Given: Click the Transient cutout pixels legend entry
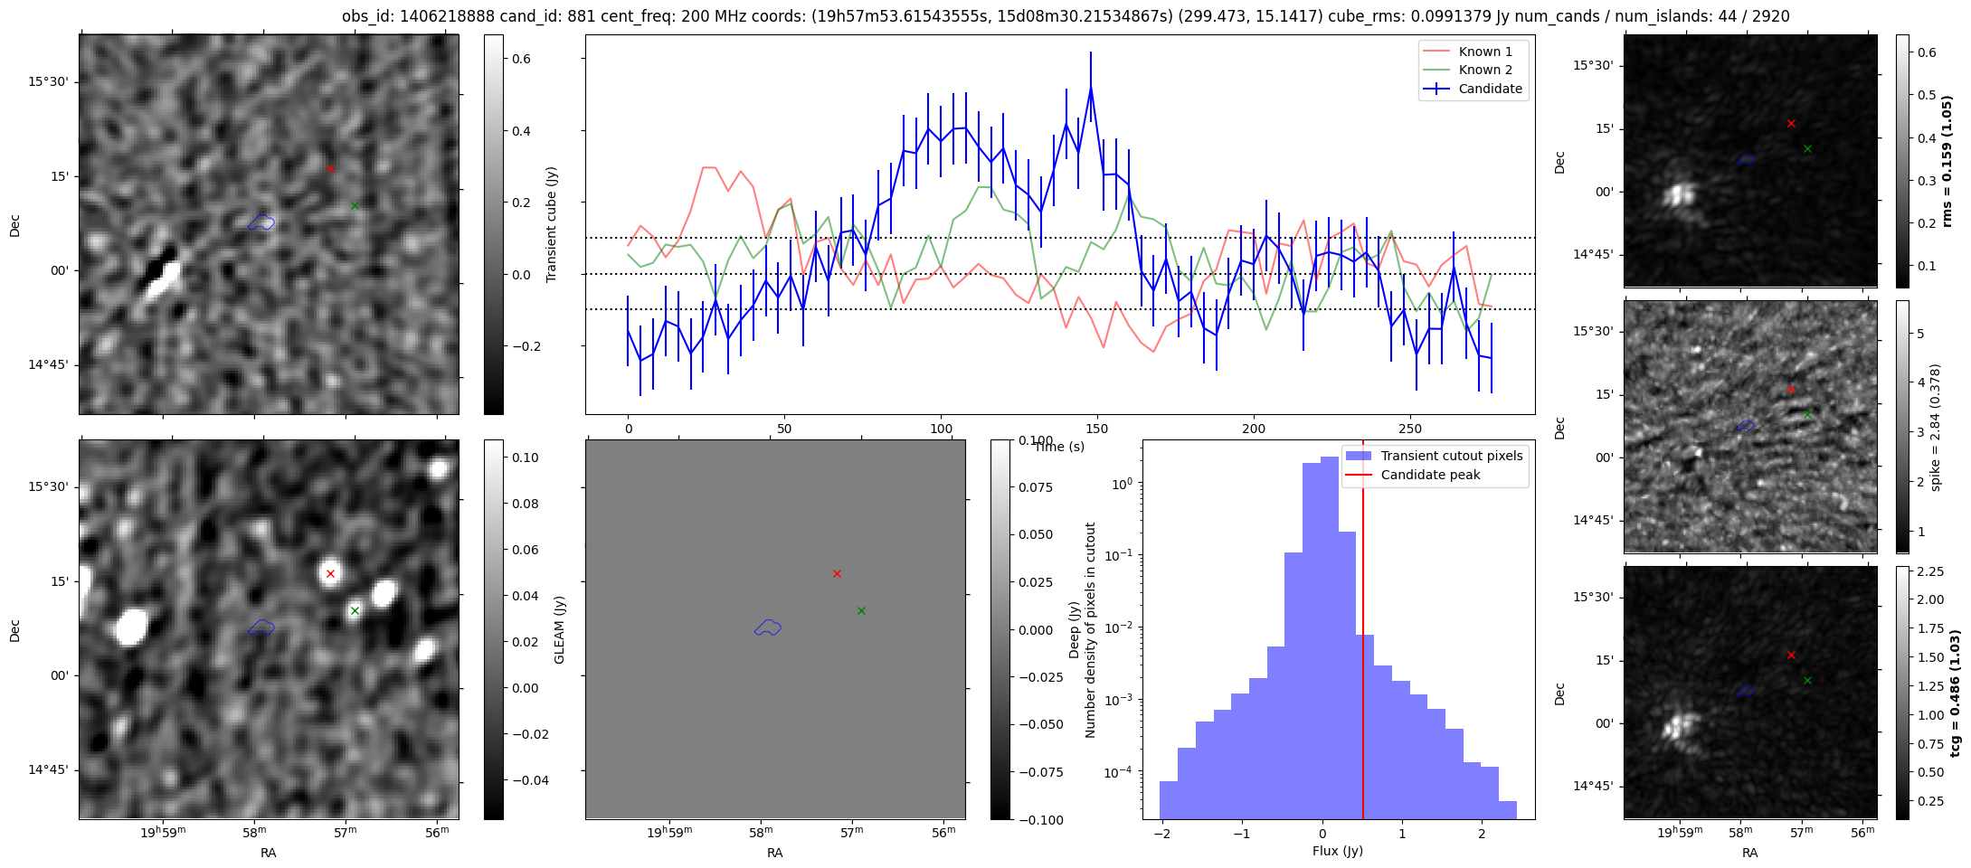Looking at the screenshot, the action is coord(1435,456).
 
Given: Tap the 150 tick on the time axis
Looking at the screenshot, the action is coord(1097,429).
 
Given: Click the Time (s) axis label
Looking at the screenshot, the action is coord(1059,447).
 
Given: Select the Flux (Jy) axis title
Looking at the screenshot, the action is coord(1338,851).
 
